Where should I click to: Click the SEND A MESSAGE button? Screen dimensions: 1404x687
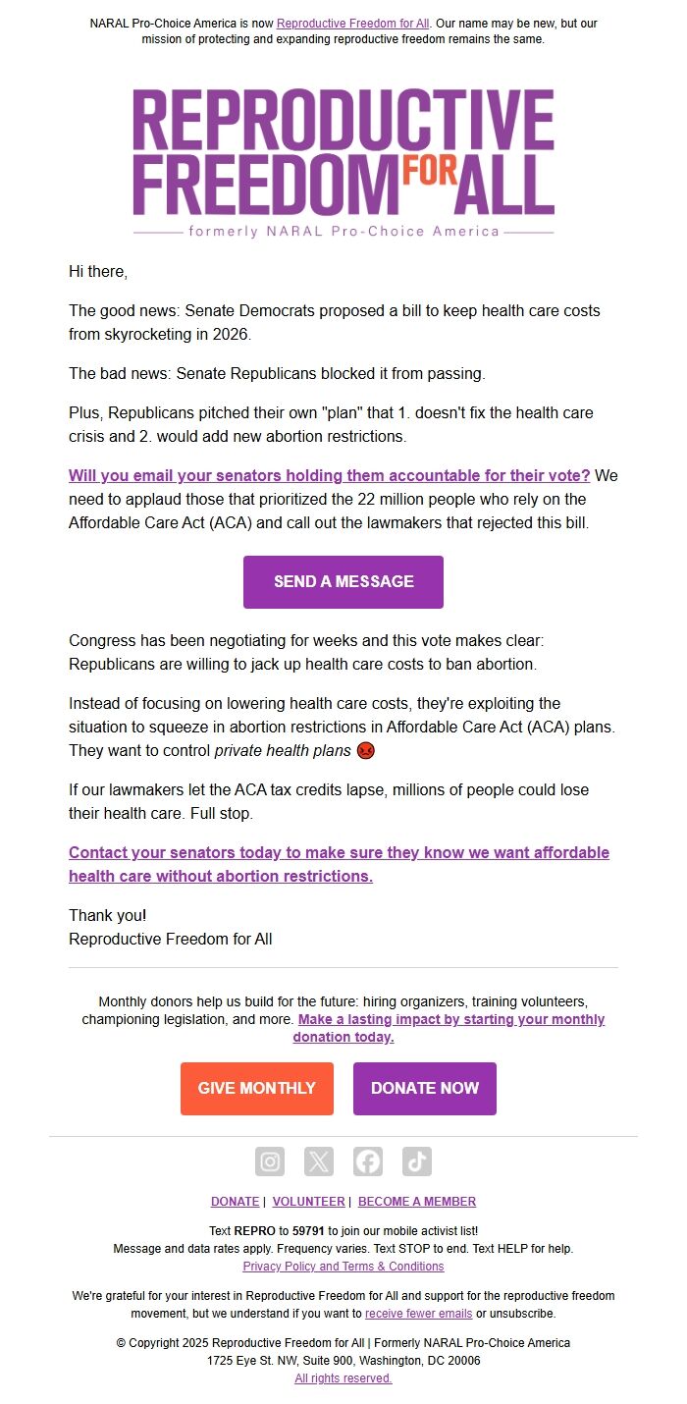(343, 581)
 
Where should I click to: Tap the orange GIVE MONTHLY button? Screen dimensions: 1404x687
(257, 1088)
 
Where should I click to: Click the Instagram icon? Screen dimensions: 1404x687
(270, 1161)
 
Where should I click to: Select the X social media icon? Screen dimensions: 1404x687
(319, 1161)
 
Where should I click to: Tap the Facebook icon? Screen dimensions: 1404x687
(368, 1161)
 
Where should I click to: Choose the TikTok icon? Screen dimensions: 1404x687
(417, 1161)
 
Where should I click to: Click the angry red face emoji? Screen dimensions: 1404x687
(366, 751)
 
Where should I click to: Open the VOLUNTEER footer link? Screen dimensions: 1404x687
(308, 1201)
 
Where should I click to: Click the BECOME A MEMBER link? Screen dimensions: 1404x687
(417, 1201)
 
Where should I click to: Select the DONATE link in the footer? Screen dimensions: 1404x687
(235, 1201)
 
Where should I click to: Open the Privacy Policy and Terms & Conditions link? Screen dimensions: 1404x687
(343, 1267)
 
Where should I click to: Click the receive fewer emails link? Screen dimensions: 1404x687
(419, 1313)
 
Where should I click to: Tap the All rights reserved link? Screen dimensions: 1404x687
(343, 1378)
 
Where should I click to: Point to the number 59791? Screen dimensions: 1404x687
(308, 1230)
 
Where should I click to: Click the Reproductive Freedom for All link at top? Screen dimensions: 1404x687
(353, 23)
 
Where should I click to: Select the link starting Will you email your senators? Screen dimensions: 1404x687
(330, 475)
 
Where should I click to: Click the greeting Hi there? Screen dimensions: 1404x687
(98, 270)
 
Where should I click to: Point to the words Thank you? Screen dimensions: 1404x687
(107, 915)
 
